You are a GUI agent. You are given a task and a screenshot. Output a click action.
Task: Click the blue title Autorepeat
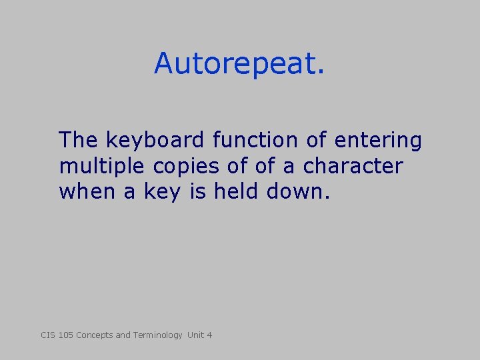tap(239, 63)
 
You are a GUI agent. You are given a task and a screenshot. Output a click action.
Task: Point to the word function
tap(254, 141)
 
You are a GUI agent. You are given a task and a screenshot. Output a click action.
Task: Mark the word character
tap(353, 166)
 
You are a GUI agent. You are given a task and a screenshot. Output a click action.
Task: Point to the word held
tap(237, 191)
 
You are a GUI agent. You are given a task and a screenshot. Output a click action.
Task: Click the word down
tap(298, 191)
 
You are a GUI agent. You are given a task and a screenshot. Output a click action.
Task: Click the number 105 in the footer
tap(65, 335)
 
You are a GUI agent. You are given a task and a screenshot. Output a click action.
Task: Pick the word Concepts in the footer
tap(95, 335)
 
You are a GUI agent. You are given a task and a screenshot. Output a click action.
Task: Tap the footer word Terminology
tap(157, 335)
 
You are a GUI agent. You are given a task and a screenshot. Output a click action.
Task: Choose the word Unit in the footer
tap(195, 335)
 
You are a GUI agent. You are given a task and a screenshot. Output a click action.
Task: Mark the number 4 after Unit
tap(209, 335)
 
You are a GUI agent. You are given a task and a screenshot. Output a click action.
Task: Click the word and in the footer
tap(123, 335)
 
